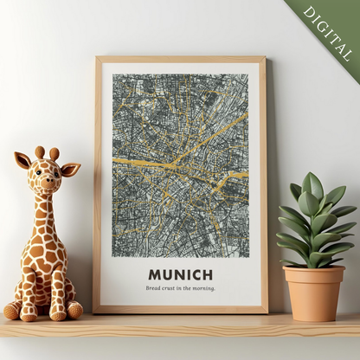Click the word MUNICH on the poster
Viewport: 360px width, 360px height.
coord(180,274)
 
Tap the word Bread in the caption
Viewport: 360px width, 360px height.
coord(154,288)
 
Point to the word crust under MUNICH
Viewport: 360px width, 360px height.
coord(172,288)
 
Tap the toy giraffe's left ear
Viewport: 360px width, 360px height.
coord(22,160)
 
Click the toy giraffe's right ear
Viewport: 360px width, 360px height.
coord(71,169)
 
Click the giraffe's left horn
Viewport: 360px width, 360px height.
coord(39,152)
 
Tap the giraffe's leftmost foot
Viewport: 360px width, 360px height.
coord(11,311)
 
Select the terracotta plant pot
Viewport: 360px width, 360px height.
coord(313,292)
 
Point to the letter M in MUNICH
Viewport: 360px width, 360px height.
coord(154,274)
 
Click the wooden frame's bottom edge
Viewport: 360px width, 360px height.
coord(180,308)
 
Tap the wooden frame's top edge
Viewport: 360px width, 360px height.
coord(180,60)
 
